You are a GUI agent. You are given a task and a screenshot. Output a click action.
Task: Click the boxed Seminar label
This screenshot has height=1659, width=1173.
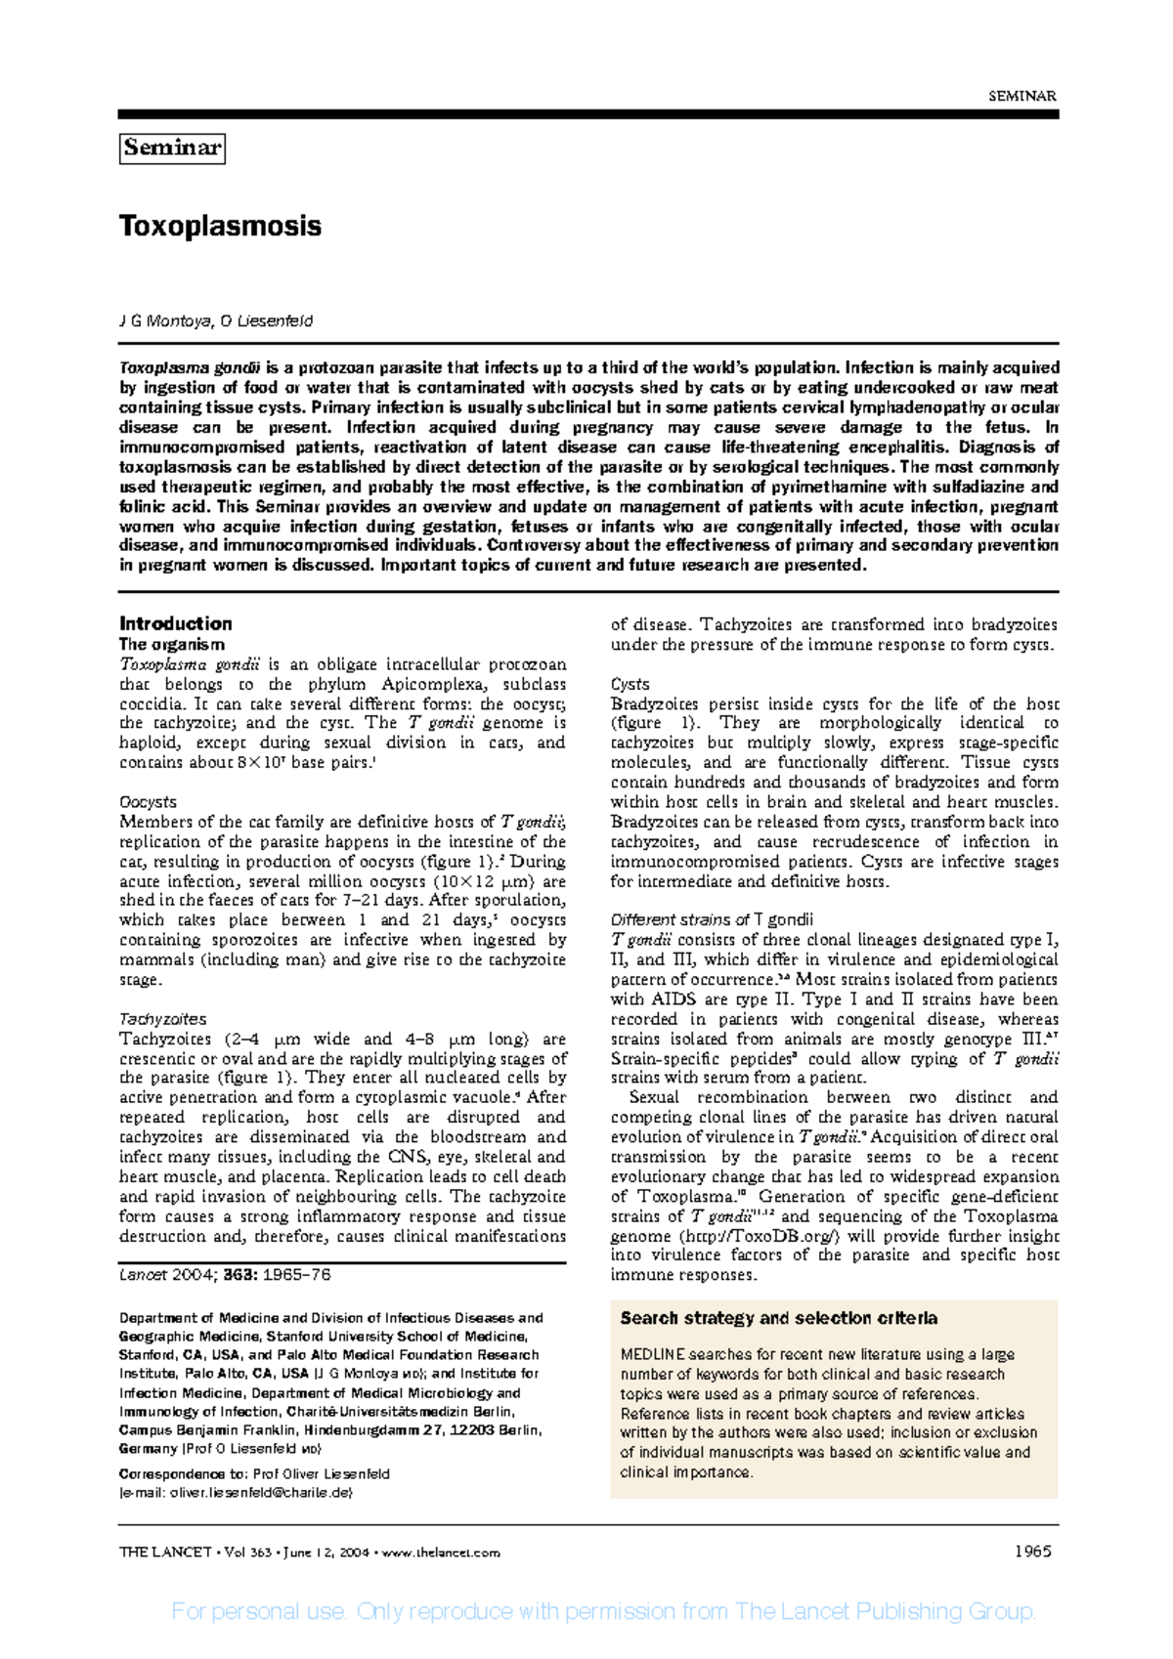pyautogui.click(x=172, y=149)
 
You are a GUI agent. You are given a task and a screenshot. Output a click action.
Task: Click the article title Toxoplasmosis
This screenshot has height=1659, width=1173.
pyautogui.click(x=220, y=227)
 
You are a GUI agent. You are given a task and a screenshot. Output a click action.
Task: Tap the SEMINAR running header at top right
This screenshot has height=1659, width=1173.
pyautogui.click(x=1022, y=96)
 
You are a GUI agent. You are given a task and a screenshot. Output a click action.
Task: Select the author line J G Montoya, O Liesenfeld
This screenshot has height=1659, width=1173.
pyautogui.click(x=216, y=321)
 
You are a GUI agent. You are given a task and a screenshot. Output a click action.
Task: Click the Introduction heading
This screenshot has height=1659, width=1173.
pyautogui.click(x=175, y=623)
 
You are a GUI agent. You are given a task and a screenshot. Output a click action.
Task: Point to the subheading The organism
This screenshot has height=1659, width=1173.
pyautogui.click(x=172, y=645)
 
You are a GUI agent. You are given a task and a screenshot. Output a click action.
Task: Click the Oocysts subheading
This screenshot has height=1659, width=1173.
pyautogui.click(x=148, y=802)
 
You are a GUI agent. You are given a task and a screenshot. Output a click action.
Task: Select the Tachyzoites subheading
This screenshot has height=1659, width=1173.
pyautogui.click(x=162, y=1019)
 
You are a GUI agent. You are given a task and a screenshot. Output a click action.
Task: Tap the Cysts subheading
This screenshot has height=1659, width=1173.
pyautogui.click(x=630, y=684)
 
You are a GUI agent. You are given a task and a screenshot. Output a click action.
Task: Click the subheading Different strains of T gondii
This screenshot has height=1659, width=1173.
pyautogui.click(x=712, y=920)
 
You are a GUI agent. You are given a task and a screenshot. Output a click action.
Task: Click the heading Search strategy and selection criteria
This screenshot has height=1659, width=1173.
pyautogui.click(x=778, y=1318)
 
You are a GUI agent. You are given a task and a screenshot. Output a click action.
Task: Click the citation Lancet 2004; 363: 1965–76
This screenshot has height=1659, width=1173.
pyautogui.click(x=225, y=1275)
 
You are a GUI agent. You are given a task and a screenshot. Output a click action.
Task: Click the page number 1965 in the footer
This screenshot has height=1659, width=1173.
pyautogui.click(x=1032, y=1552)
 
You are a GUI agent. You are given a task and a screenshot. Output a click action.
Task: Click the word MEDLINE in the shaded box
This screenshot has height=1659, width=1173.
pyautogui.click(x=652, y=1355)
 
